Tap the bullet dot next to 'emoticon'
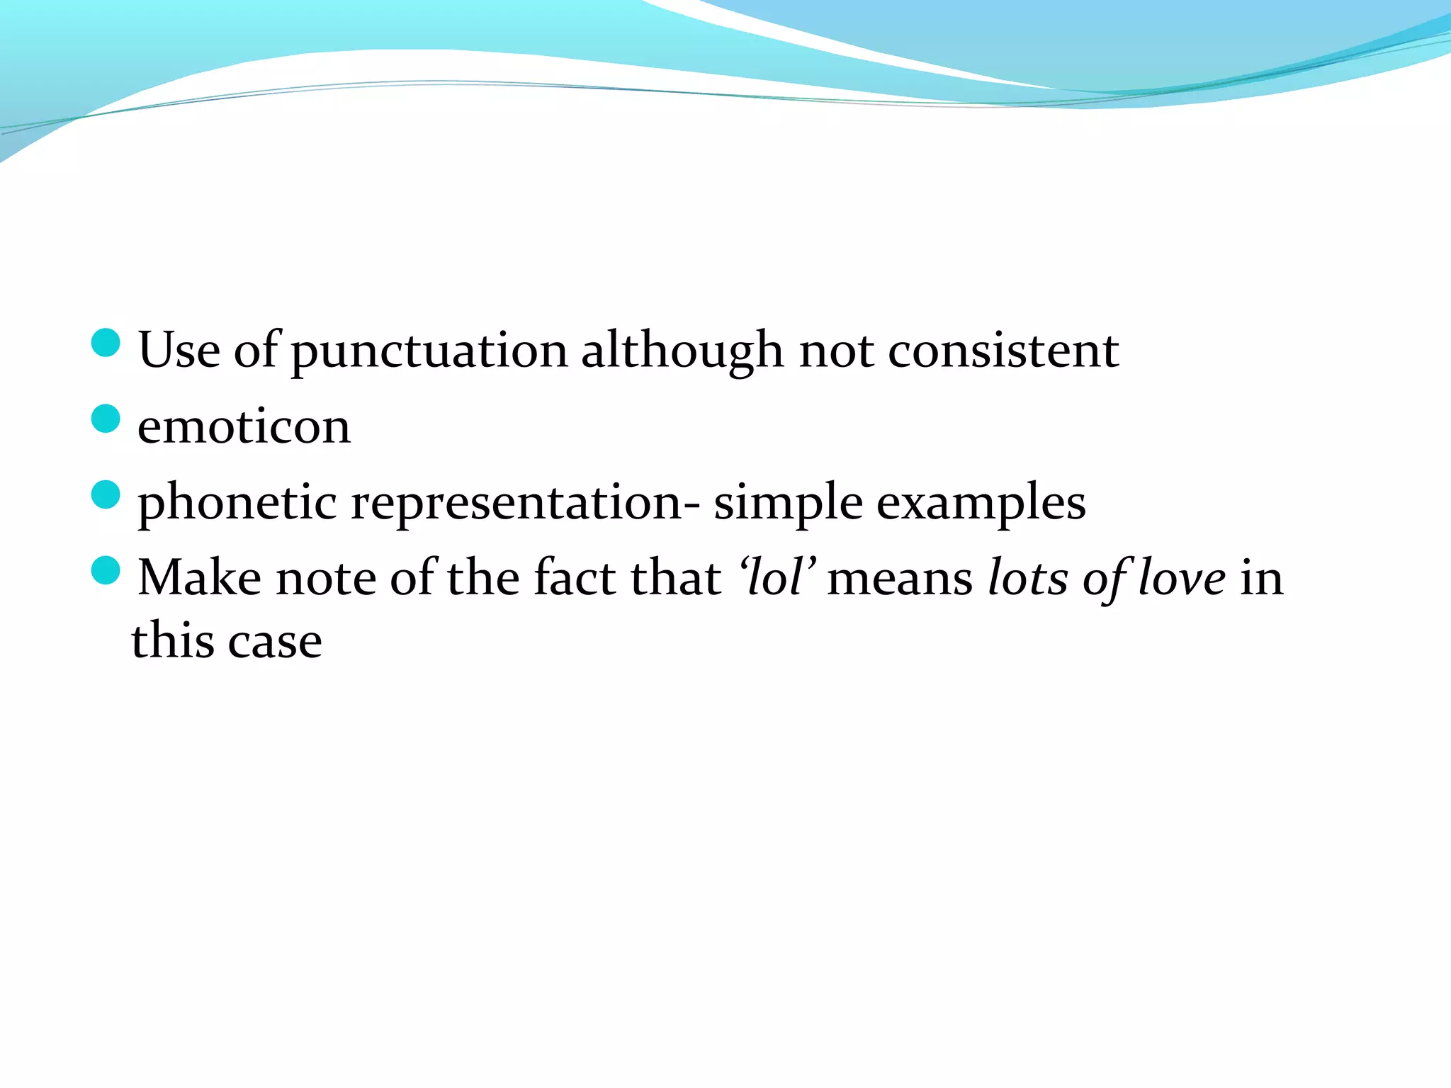tap(106, 419)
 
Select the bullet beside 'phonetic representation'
tap(106, 494)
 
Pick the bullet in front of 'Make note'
tap(106, 570)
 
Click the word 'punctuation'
tap(429, 352)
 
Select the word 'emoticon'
tap(244, 426)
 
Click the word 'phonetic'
tap(237, 502)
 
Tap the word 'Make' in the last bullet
tap(199, 577)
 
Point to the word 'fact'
tap(575, 577)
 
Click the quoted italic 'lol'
tap(776, 577)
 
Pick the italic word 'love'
tap(1182, 577)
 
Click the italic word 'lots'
tap(1028, 577)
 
